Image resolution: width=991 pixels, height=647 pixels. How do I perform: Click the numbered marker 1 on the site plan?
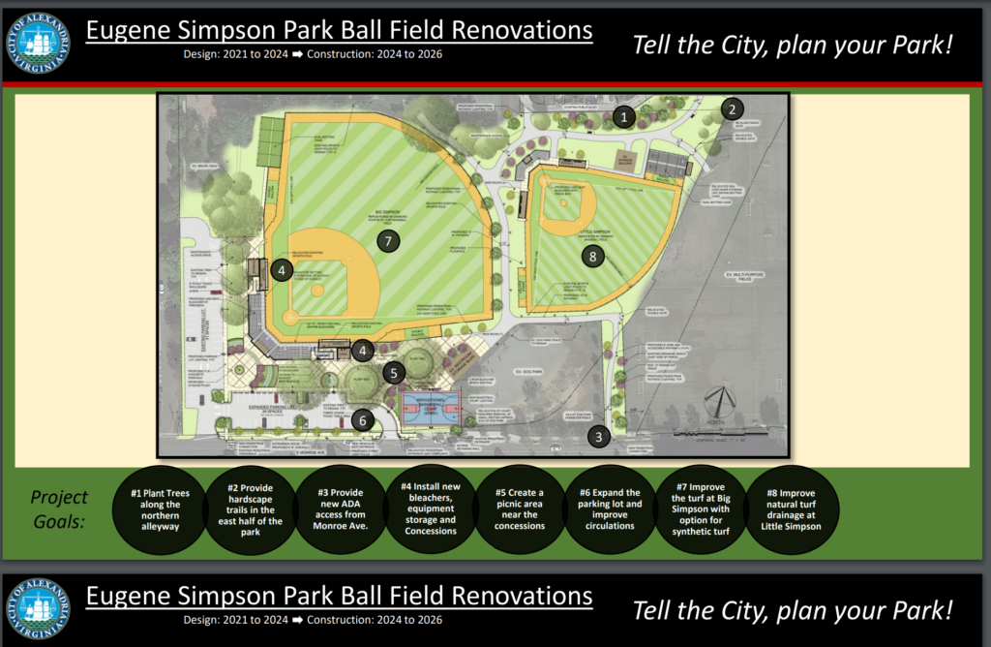[625, 117]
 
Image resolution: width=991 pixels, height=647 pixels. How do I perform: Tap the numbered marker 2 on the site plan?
[734, 108]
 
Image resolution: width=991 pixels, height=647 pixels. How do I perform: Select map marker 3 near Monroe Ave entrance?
[599, 437]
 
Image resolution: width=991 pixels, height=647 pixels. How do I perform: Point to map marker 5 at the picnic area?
[393, 372]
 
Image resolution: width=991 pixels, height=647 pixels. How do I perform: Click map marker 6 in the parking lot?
[361, 420]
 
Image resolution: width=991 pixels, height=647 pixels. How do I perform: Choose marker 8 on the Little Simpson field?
[592, 257]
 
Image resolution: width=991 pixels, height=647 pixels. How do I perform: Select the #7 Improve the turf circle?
[698, 510]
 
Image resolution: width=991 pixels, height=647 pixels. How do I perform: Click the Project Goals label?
[59, 508]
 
